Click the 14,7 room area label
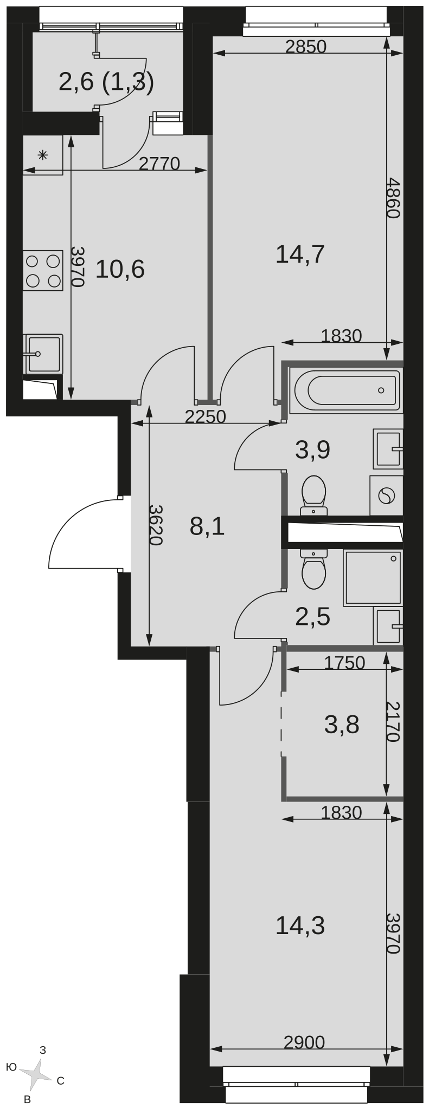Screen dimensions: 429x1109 300,254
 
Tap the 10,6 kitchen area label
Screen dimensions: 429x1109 120,269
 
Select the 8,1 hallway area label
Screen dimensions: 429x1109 207,526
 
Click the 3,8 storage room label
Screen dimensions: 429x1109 342,724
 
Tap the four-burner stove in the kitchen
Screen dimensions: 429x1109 42,271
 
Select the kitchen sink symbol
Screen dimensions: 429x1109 43,354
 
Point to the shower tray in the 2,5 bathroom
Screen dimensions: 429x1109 373,578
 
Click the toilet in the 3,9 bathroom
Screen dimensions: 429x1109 313,495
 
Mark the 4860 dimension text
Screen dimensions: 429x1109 393,198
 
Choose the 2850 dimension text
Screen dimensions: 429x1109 306,47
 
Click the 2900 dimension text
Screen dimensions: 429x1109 304,1042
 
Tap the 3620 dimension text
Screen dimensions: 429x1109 156,525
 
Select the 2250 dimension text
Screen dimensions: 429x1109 205,416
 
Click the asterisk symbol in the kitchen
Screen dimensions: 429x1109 43,155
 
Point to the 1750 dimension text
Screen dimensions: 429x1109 344,663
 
